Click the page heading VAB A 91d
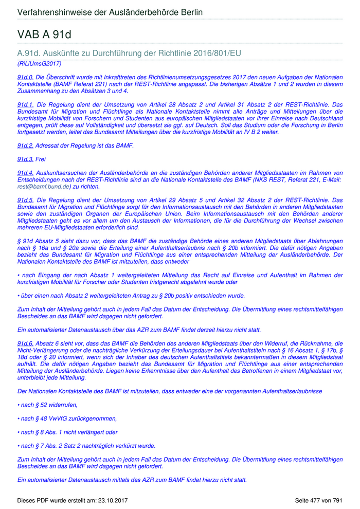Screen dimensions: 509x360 click(x=44, y=34)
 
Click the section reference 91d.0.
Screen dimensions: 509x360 click(x=25, y=76)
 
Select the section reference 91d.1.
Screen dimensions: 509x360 click(x=25, y=104)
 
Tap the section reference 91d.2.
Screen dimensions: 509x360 click(x=25, y=146)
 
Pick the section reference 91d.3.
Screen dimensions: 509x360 click(x=25, y=159)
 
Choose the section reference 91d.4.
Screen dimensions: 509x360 click(x=25, y=173)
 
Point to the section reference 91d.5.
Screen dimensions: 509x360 click(x=25, y=200)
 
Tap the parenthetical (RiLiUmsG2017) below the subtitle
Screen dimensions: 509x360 click(x=40, y=64)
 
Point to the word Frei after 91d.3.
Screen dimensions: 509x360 click(x=41, y=159)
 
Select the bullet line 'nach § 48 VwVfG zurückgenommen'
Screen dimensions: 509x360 click(x=67, y=419)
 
